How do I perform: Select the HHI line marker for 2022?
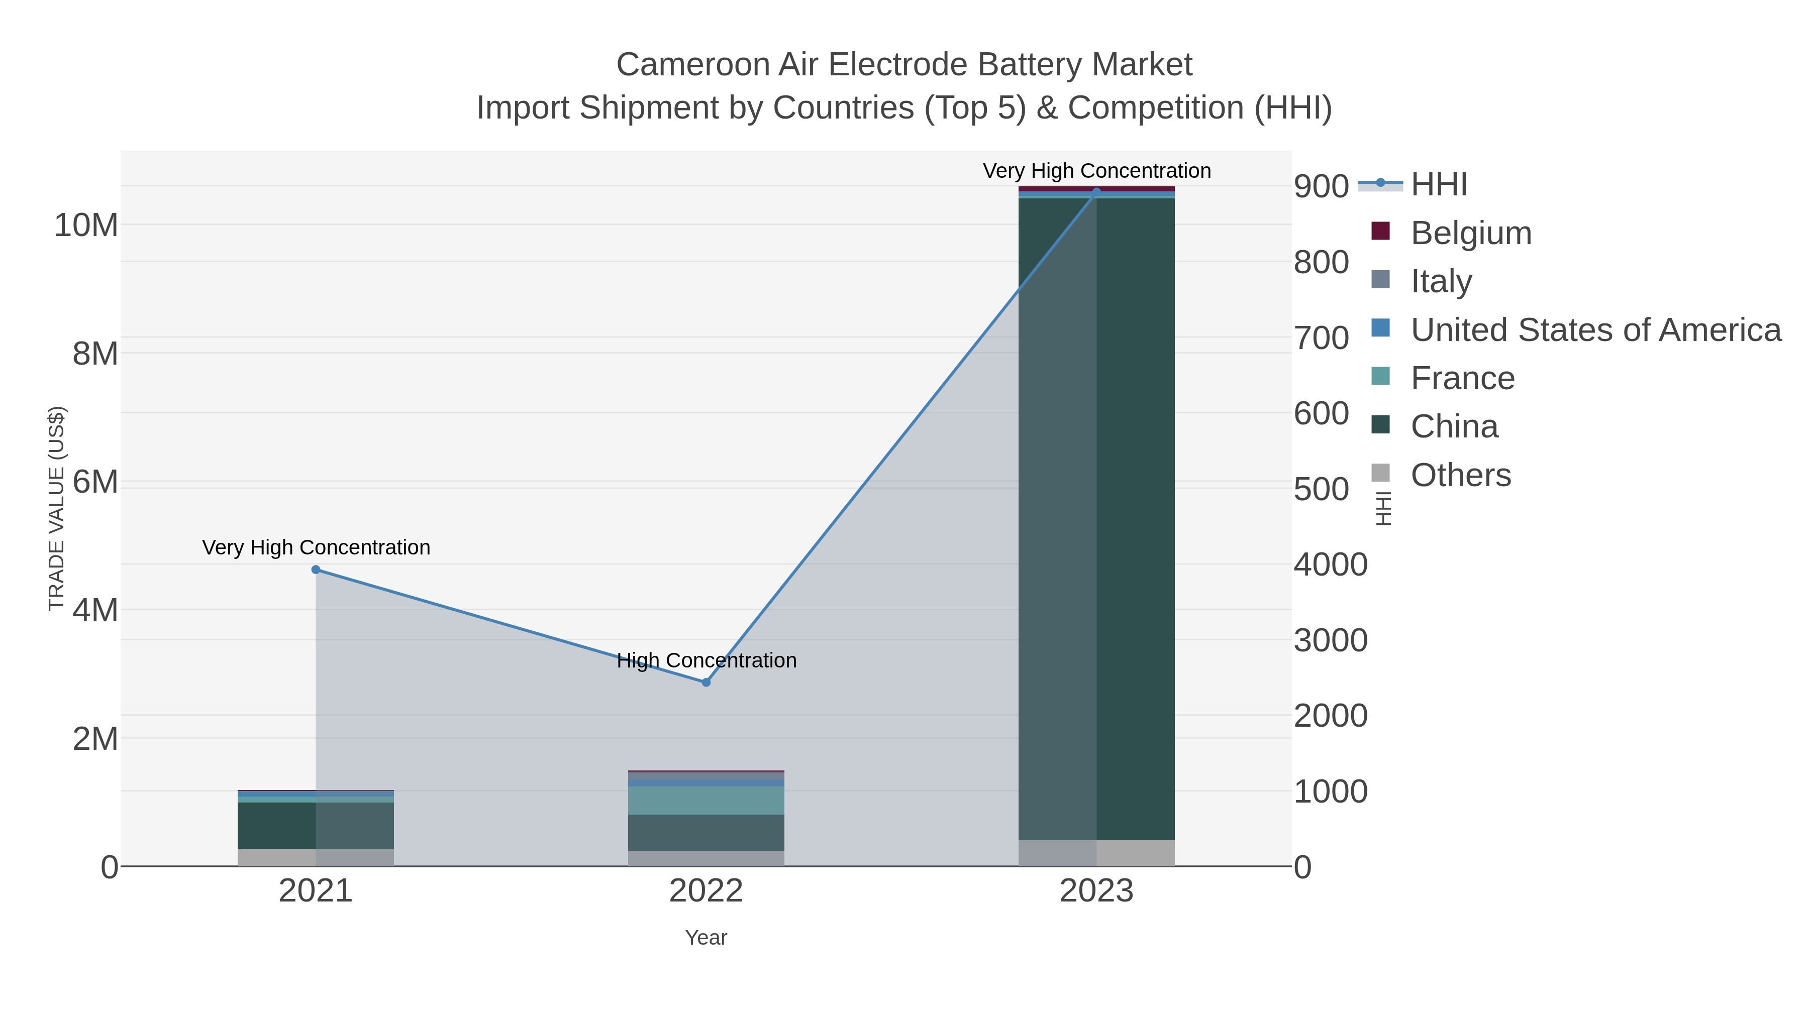pyautogui.click(x=706, y=682)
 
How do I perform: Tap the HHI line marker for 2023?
pyautogui.click(x=1096, y=192)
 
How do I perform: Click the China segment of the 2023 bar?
pyautogui.click(x=1096, y=519)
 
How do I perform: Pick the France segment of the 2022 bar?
pyautogui.click(x=706, y=800)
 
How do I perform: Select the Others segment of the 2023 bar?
pyautogui.click(x=1096, y=853)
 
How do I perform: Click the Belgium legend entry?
pyautogui.click(x=1470, y=233)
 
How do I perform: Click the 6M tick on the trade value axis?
pyautogui.click(x=95, y=482)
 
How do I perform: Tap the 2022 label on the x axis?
pyautogui.click(x=706, y=891)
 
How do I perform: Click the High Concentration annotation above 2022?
pyautogui.click(x=706, y=660)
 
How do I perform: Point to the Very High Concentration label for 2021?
pyautogui.click(x=316, y=547)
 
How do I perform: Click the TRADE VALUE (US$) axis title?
pyautogui.click(x=56, y=508)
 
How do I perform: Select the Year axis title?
pyautogui.click(x=706, y=938)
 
